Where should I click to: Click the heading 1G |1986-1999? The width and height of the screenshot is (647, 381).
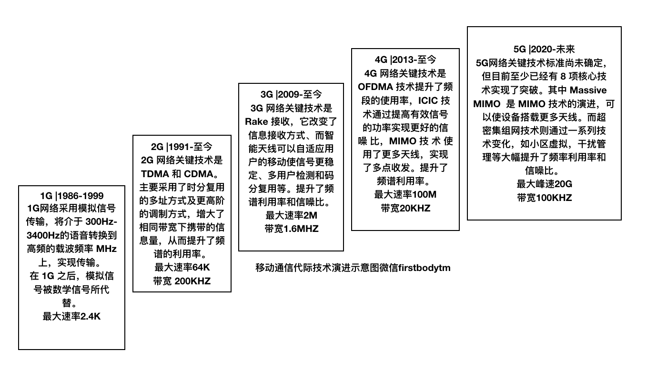click(71, 196)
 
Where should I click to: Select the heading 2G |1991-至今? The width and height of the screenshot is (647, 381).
click(182, 147)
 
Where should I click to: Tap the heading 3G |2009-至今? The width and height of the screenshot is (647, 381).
click(291, 94)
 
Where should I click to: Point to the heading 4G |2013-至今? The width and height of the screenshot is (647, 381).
click(405, 60)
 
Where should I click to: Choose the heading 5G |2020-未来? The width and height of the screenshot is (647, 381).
click(544, 50)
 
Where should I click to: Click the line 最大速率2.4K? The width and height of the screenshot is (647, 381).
click(71, 317)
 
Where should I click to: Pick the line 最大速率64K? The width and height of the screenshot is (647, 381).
click(182, 267)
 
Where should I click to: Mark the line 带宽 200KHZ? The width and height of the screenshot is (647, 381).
click(182, 281)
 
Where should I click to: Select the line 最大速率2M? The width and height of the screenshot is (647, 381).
click(291, 215)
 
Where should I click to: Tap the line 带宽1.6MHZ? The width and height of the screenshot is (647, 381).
click(292, 229)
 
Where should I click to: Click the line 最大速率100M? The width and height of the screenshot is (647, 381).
click(405, 194)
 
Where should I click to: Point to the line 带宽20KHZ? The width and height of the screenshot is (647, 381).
click(405, 208)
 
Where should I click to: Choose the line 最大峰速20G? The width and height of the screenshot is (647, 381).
click(544, 184)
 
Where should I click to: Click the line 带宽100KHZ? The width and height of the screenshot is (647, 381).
click(545, 198)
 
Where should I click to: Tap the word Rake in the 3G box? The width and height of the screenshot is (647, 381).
click(256, 122)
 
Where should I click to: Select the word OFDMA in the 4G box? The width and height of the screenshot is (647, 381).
click(375, 87)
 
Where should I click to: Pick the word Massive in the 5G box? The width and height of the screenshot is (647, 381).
click(588, 90)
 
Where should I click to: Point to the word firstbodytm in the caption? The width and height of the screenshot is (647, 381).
click(425, 268)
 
